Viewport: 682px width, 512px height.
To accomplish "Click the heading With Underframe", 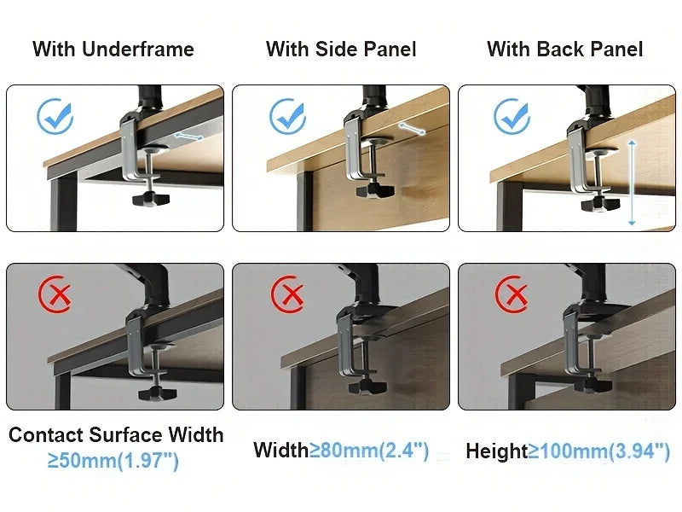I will [x=113, y=49].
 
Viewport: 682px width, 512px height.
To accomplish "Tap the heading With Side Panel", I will [x=341, y=49].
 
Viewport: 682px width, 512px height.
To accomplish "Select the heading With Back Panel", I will [x=564, y=49].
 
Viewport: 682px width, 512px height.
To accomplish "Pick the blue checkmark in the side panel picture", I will [x=287, y=117].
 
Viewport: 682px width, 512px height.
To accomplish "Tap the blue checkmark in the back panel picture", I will [x=512, y=117].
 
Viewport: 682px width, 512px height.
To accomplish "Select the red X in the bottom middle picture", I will [x=288, y=295].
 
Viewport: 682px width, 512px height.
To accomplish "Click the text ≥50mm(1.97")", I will [x=113, y=461].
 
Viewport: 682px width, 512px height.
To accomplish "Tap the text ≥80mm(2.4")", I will [x=368, y=450].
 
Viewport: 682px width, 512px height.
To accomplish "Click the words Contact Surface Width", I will [x=116, y=434].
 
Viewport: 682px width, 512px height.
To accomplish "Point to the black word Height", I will [x=496, y=451].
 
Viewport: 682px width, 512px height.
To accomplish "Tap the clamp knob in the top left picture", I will [x=151, y=200].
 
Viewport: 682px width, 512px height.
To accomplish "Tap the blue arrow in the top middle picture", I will [x=412, y=129].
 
